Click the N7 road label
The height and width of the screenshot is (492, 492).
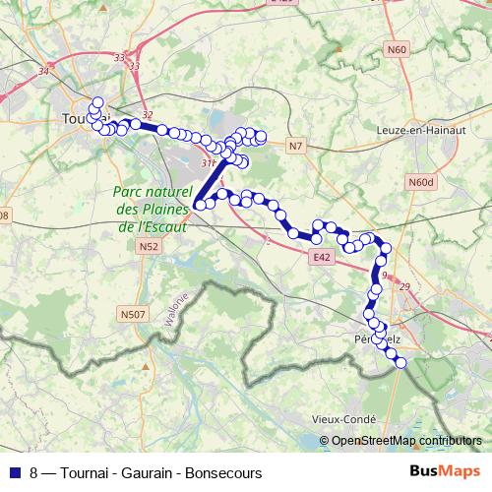coord(296,146)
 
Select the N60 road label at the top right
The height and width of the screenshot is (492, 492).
coord(397,48)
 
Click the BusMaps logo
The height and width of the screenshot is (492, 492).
coord(445,472)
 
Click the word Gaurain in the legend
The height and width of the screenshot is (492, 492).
coord(144,473)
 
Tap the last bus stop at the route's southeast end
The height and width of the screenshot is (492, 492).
coord(400,363)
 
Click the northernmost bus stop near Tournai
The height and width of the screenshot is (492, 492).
coord(96,101)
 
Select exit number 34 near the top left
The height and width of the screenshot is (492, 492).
coord(42,72)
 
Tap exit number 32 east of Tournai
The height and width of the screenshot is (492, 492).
coord(148,116)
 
